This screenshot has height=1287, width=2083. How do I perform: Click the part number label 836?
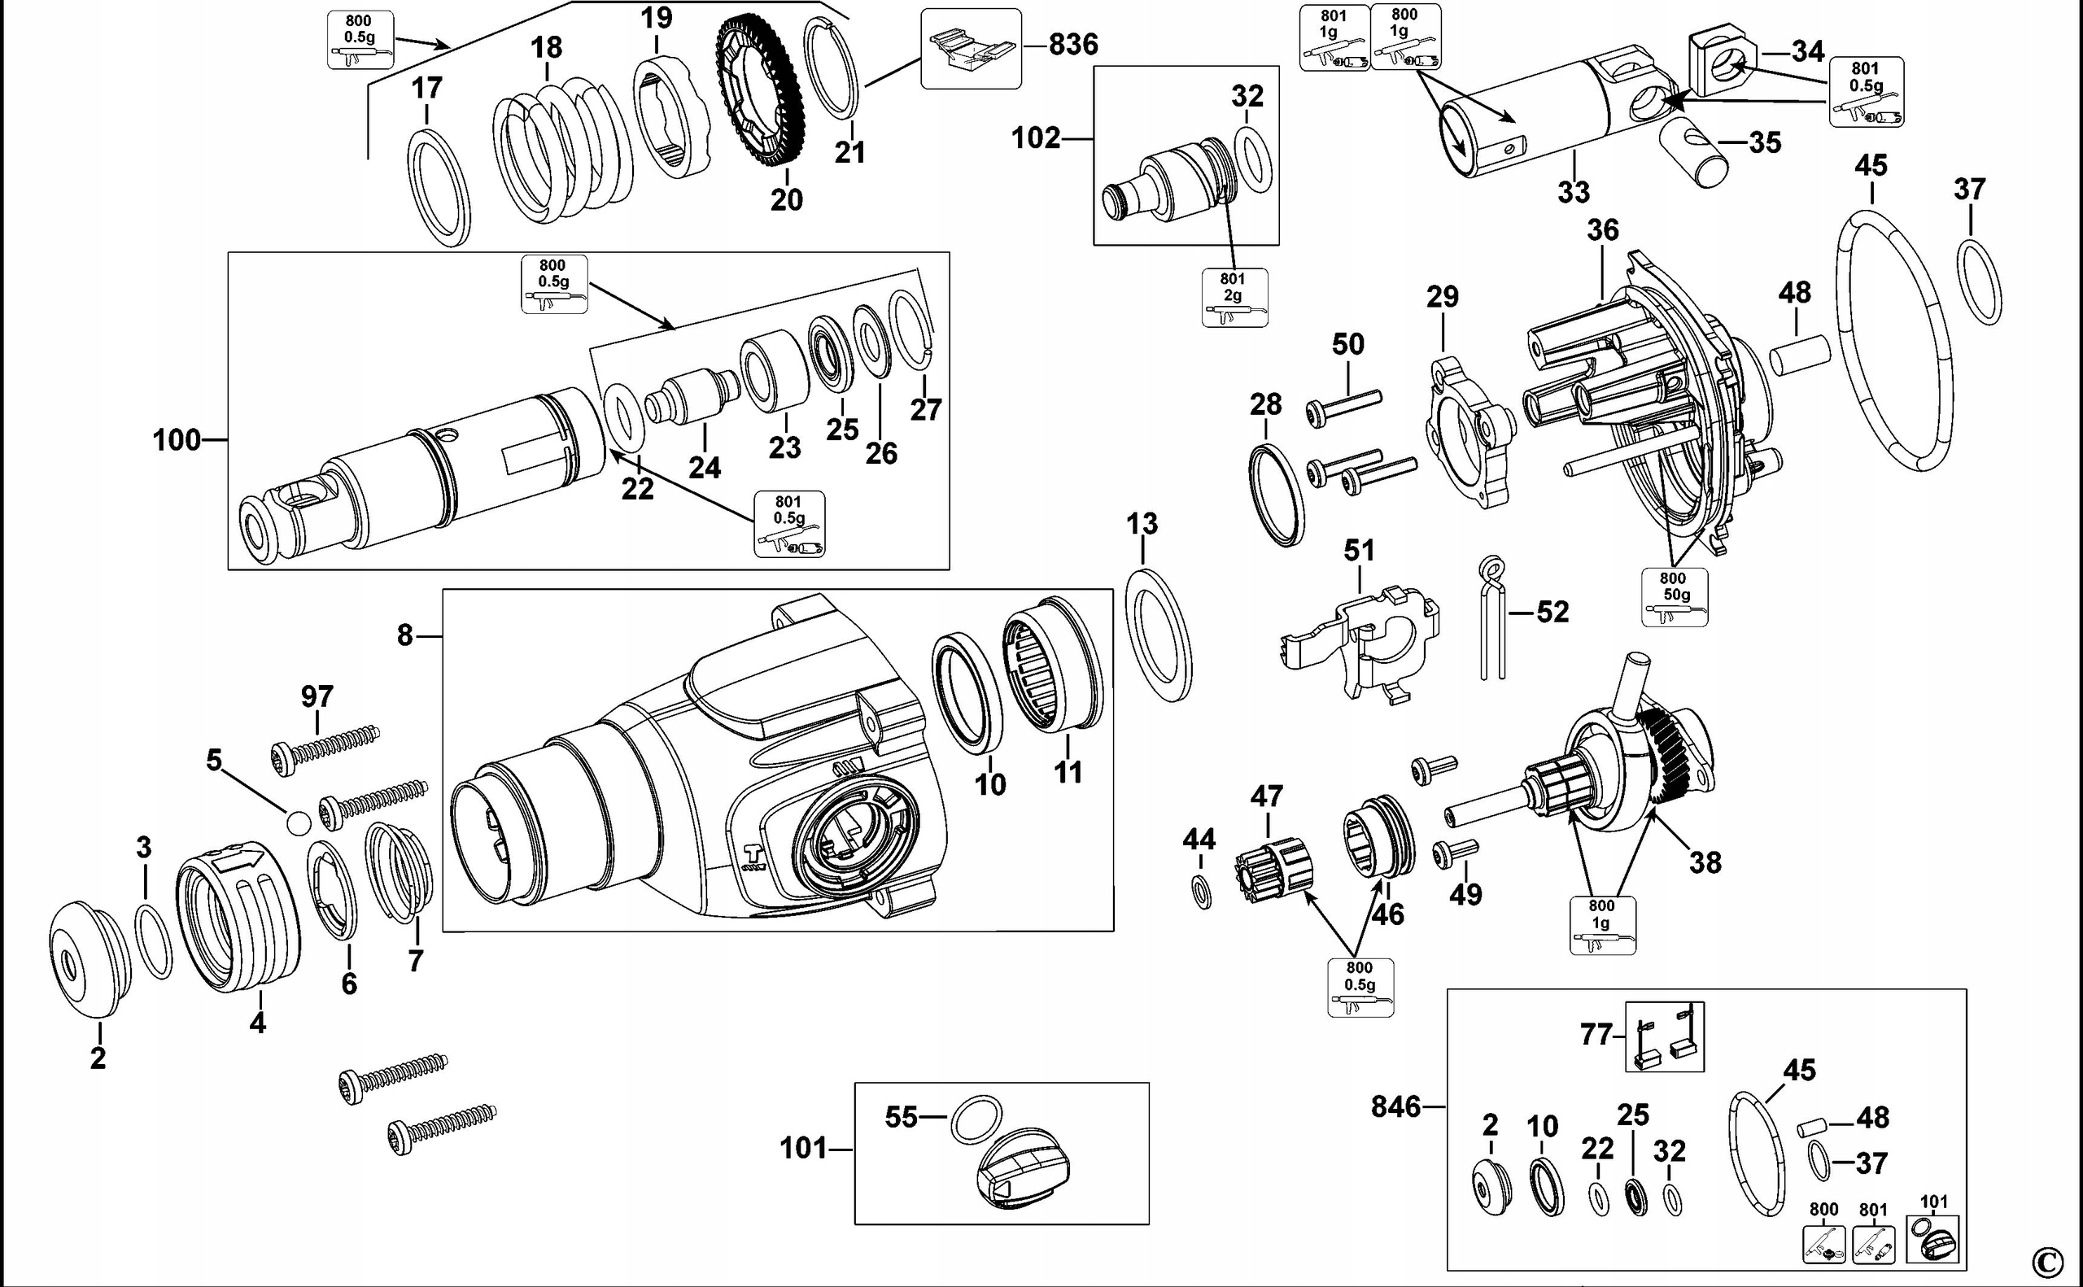(1072, 44)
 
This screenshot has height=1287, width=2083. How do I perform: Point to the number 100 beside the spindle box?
(177, 440)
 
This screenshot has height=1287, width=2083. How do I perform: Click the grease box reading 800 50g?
(1674, 596)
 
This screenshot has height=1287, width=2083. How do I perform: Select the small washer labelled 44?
(1200, 895)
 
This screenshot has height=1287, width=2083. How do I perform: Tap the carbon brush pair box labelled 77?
(1664, 1036)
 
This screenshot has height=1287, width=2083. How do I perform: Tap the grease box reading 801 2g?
(1234, 297)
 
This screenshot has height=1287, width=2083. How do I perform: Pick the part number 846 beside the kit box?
(1395, 1106)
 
